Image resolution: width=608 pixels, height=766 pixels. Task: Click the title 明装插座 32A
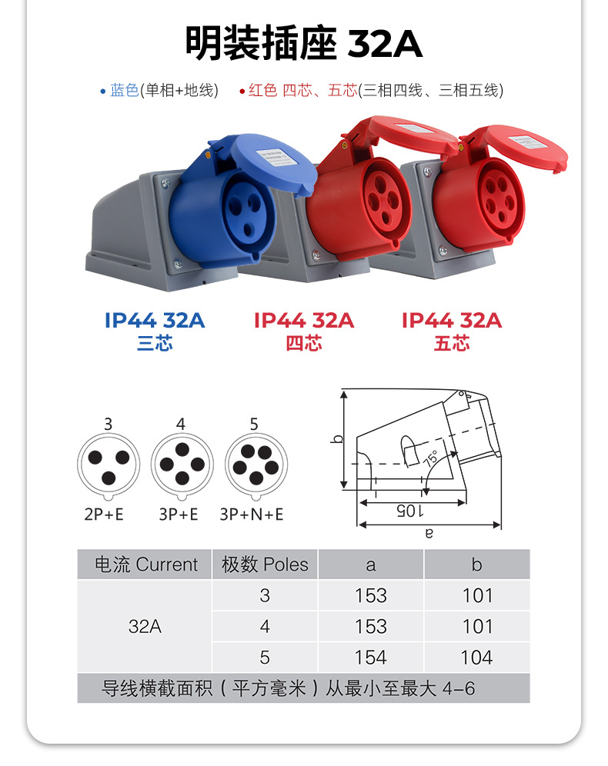click(x=303, y=44)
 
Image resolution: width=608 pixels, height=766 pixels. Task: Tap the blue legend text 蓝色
click(x=124, y=91)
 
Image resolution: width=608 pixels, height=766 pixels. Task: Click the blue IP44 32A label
click(x=155, y=320)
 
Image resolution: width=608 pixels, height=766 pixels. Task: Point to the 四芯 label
click(x=304, y=344)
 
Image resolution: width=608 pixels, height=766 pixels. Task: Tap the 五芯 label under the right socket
click(x=452, y=344)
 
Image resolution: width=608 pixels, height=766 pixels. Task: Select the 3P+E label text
click(x=179, y=514)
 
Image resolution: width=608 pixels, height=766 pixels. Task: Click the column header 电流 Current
click(x=145, y=565)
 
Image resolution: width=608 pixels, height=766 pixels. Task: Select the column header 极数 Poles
click(x=265, y=565)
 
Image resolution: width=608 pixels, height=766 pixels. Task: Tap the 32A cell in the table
click(x=145, y=627)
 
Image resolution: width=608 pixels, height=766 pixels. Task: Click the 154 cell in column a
click(x=371, y=658)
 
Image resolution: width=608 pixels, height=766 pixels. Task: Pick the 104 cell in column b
click(x=476, y=658)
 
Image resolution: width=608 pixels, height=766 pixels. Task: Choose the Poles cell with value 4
click(x=265, y=627)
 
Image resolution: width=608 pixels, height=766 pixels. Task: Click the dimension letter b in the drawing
click(x=336, y=439)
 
